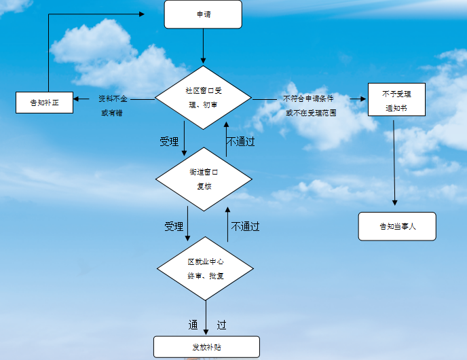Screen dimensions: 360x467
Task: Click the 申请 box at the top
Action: [x=203, y=14]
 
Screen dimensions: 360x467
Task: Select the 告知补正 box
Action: [x=44, y=103]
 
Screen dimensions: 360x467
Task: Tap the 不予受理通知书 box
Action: [x=396, y=100]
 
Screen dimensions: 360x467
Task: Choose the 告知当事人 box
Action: [x=397, y=226]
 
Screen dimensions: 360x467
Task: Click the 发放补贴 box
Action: [x=206, y=346]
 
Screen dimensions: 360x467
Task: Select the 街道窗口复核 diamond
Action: [x=204, y=179]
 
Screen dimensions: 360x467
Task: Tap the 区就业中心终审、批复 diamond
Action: [x=205, y=268]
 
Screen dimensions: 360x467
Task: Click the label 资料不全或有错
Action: [x=112, y=105]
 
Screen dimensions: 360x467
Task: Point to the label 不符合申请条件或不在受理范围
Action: [x=310, y=105]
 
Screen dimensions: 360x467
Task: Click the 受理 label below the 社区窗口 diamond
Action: [x=169, y=142]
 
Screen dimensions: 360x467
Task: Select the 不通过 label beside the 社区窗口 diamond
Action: [x=241, y=142]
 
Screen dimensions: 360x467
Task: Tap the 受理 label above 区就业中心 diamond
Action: [x=174, y=226]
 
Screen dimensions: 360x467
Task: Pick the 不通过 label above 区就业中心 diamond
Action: [x=245, y=226]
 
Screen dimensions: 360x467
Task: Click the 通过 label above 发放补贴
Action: [x=206, y=325]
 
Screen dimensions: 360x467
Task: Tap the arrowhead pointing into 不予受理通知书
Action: [x=364, y=99]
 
